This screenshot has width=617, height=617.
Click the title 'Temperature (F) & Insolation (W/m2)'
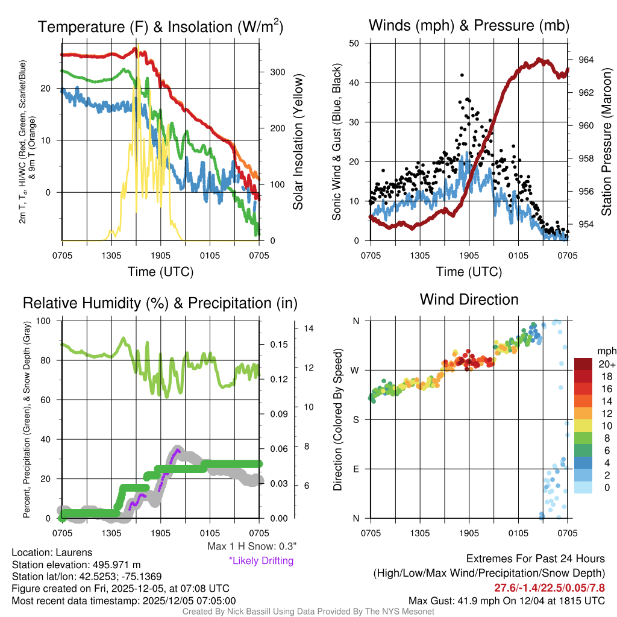click(160, 27)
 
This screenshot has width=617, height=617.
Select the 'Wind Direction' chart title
click(469, 299)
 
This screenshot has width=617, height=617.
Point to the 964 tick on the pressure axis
click(586, 60)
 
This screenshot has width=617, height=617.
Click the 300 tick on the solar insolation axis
click(277, 72)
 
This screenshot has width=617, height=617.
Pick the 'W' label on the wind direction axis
click(355, 370)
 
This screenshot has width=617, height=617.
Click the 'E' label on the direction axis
click(355, 469)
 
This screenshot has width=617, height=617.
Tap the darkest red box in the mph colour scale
click(583, 364)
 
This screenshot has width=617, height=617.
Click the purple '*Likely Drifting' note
click(261, 560)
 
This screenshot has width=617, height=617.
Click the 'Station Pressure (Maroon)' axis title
click(607, 142)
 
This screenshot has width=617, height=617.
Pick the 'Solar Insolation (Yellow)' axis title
click(298, 142)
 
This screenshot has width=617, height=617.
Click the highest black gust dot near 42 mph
click(462, 75)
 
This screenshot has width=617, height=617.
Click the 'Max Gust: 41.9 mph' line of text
click(506, 600)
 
